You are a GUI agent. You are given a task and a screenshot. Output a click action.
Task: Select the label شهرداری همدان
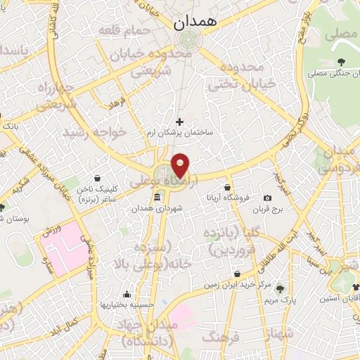[x=161, y=208]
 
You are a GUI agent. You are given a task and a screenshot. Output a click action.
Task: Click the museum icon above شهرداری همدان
[x=157, y=197]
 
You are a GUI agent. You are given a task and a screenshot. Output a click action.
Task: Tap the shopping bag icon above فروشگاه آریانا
[x=228, y=188]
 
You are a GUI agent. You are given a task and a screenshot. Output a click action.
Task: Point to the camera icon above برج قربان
[x=268, y=198]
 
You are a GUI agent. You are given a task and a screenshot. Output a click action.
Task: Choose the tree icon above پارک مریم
[x=281, y=288]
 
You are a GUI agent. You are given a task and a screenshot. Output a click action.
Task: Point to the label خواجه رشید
[x=94, y=131]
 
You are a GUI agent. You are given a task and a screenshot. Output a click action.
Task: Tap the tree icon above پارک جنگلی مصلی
[x=342, y=63]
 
